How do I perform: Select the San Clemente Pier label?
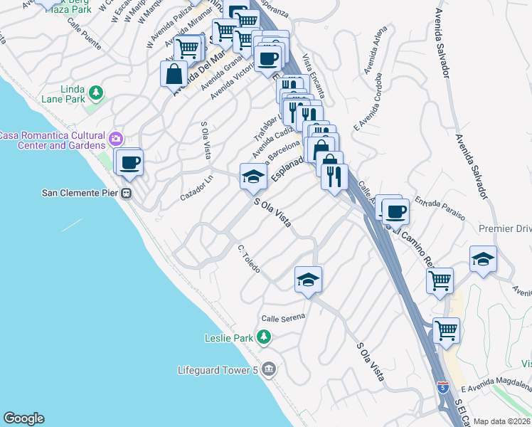(x=80, y=193)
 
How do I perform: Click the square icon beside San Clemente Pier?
(x=127, y=193)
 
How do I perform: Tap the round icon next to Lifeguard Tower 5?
(x=268, y=369)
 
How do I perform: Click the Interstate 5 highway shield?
(x=443, y=387)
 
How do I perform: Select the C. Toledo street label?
(x=249, y=260)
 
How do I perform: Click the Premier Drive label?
(x=505, y=228)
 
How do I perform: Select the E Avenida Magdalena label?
(x=496, y=386)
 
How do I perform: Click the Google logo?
(x=23, y=418)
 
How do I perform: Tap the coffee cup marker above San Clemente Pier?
(x=129, y=162)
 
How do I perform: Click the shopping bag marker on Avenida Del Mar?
(x=174, y=73)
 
